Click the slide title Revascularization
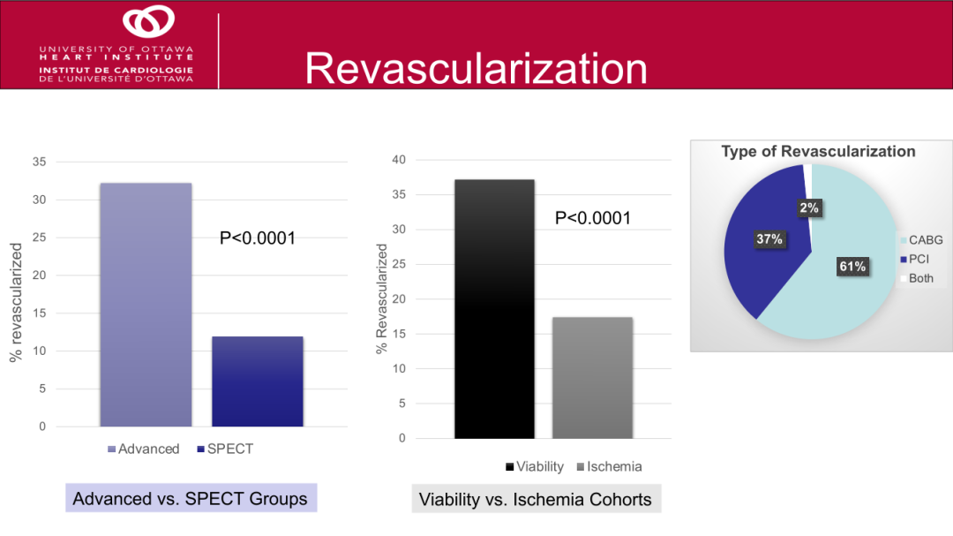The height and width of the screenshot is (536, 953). [476, 69]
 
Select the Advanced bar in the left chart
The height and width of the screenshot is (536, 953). [146, 305]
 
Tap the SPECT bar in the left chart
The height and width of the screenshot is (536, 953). [258, 381]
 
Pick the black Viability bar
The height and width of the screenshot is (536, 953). [494, 309]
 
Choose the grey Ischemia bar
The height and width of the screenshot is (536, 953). [593, 378]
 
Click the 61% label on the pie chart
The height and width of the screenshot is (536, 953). [853, 267]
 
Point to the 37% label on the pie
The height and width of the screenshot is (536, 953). [769, 239]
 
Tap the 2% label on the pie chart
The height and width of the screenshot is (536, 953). [809, 208]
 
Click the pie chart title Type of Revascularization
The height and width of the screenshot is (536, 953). [818, 152]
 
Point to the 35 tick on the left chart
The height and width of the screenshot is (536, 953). [38, 162]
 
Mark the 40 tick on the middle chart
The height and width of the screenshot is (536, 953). [398, 160]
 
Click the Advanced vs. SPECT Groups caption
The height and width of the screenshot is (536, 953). [190, 498]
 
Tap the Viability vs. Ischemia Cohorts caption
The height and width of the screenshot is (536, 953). [535, 500]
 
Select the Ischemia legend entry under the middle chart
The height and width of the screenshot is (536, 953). [610, 466]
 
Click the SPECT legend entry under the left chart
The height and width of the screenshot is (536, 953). [226, 449]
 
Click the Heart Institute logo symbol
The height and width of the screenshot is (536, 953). [148, 22]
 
